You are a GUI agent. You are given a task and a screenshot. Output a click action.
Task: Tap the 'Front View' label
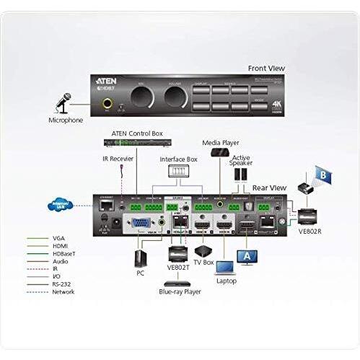(x=265, y=68)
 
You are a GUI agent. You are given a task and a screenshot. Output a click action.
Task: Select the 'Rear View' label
(x=269, y=188)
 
